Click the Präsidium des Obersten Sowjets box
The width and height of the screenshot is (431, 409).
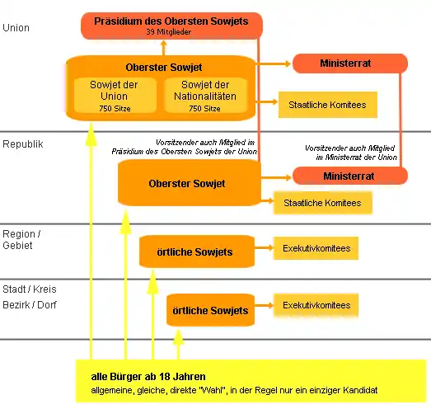point(171,26)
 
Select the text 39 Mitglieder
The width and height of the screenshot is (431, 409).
point(168,32)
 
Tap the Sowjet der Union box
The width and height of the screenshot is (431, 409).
point(115,96)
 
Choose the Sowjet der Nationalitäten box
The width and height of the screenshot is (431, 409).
point(205,96)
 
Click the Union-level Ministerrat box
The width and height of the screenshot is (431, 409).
point(350,63)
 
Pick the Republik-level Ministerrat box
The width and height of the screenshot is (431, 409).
point(350,176)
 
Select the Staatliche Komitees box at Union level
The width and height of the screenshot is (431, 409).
point(328,105)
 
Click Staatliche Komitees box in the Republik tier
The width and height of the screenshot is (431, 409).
point(323,203)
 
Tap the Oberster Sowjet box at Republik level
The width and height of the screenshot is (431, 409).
point(189,183)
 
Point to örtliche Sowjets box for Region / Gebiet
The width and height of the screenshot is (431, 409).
point(197,252)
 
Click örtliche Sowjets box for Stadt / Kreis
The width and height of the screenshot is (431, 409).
point(210,310)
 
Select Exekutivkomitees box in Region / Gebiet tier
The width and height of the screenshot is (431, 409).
point(316,248)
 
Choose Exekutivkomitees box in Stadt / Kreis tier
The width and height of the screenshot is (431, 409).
point(316,305)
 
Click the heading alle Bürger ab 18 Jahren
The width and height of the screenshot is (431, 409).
point(148,377)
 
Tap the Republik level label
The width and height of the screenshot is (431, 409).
point(23,144)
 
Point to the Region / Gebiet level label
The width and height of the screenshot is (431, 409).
point(21,240)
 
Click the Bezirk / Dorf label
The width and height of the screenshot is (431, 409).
point(30,305)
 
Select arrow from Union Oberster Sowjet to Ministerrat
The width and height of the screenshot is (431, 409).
point(273,63)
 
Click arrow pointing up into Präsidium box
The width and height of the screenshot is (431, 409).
point(164,48)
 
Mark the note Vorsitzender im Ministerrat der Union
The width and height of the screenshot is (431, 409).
point(351,153)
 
